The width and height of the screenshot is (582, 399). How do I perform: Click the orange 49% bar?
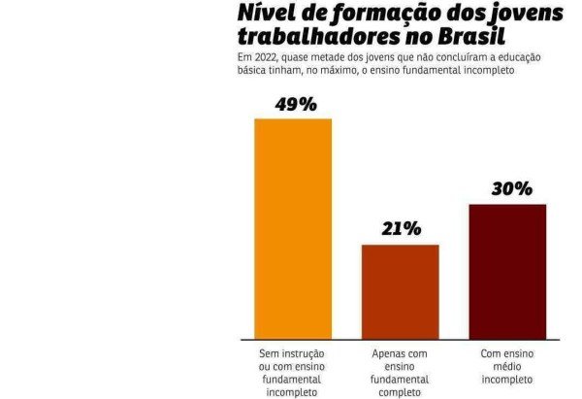click(x=292, y=228)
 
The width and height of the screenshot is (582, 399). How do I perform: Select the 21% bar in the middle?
click(x=400, y=290)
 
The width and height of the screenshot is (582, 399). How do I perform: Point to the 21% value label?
click(x=401, y=229)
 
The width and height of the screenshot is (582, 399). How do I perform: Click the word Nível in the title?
click(x=261, y=14)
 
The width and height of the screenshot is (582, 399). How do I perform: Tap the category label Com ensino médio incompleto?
click(x=507, y=367)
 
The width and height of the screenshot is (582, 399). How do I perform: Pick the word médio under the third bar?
click(x=507, y=367)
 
